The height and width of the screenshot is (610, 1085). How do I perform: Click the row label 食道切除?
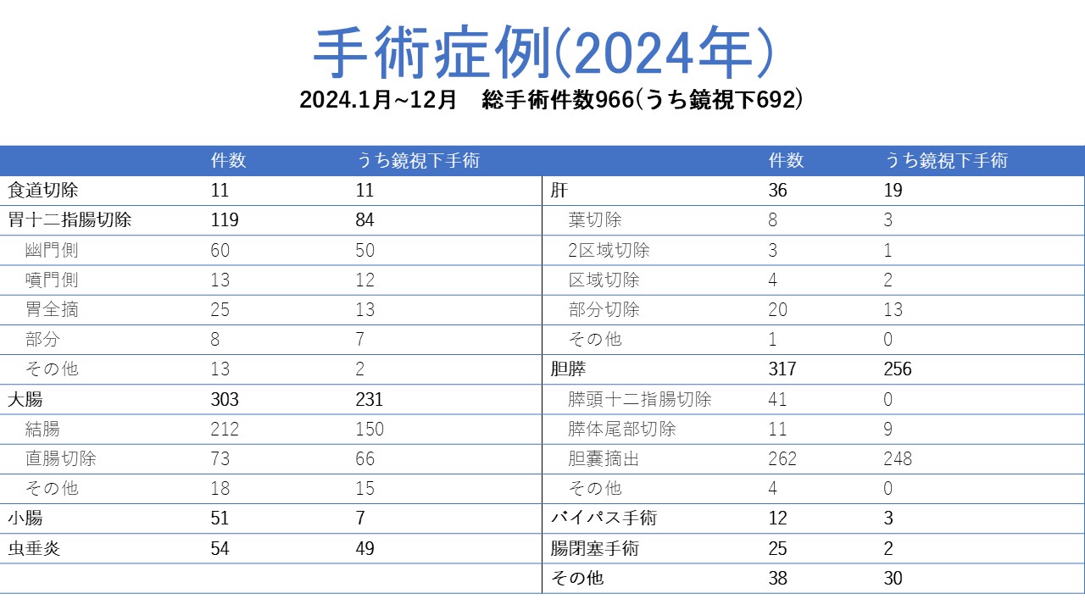click(x=42, y=191)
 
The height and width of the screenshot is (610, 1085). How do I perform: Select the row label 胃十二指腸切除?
click(x=70, y=220)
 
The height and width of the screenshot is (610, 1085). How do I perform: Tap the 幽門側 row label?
click(x=52, y=250)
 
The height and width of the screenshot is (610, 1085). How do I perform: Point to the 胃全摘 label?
click(x=52, y=309)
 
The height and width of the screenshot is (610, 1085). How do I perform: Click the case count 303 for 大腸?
click(x=225, y=399)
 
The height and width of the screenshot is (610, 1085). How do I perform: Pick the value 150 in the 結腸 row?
click(x=370, y=429)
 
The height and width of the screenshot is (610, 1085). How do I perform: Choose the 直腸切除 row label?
click(x=60, y=458)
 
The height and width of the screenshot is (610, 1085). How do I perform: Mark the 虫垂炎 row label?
click(x=34, y=548)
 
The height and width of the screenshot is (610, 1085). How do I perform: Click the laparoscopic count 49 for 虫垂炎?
click(x=365, y=548)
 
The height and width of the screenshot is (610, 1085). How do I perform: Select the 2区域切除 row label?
click(x=609, y=250)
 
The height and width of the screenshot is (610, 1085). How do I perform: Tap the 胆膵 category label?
click(x=568, y=369)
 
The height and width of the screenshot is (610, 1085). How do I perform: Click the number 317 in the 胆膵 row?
click(x=782, y=369)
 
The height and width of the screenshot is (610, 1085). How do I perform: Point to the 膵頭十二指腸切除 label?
click(x=639, y=399)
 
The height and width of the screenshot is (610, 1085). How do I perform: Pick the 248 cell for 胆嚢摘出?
click(x=898, y=458)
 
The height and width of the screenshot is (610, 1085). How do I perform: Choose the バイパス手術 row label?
click(x=604, y=518)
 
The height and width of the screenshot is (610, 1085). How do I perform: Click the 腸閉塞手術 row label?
click(x=595, y=548)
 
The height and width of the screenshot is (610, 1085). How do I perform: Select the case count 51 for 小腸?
click(x=220, y=518)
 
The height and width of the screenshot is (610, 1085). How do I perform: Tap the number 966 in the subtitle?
click(x=609, y=100)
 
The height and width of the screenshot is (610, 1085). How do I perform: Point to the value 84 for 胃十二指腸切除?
click(x=365, y=220)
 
